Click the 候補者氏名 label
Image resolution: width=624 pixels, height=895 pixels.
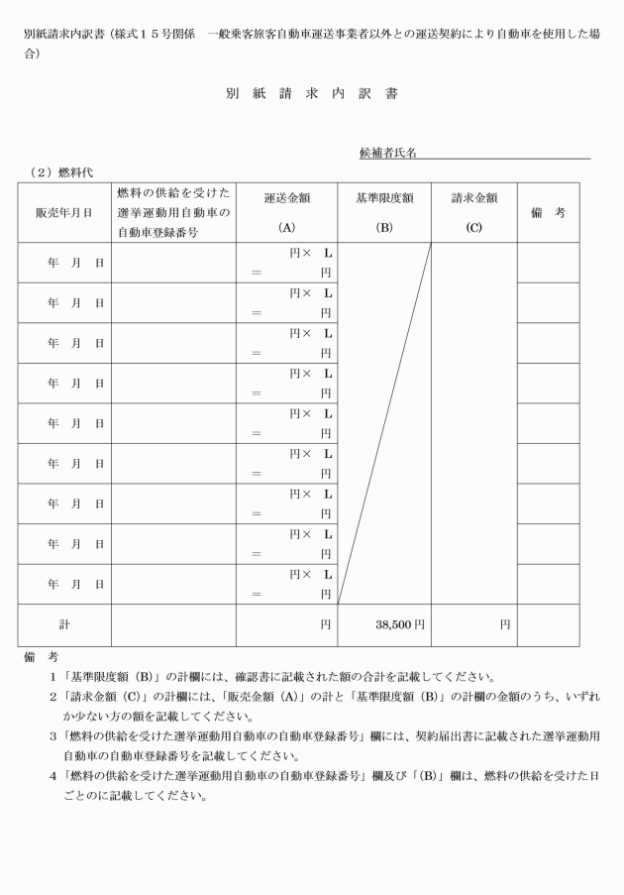coord(387,154)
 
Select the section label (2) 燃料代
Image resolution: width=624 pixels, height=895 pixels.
coord(61,172)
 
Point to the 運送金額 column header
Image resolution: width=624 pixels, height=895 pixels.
coord(287,198)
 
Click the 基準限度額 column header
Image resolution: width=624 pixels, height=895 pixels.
coord(384,198)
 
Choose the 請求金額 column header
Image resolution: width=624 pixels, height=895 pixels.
coord(474,198)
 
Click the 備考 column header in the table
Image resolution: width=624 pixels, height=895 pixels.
coord(547,212)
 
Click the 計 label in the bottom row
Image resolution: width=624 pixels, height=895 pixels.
coord(64,625)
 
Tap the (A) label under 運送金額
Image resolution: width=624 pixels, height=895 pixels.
coord(287,227)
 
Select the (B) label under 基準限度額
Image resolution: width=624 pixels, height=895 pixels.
coord(384,227)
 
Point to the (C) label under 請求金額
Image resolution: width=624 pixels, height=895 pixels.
coord(474,227)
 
